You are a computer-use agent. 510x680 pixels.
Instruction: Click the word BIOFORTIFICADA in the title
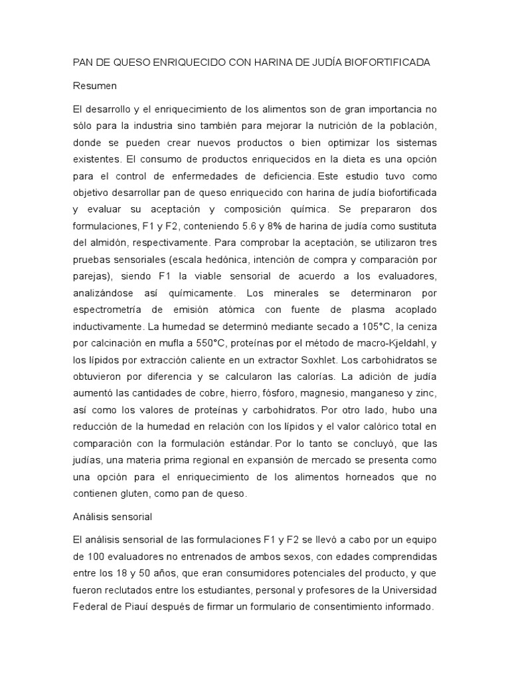click(389, 62)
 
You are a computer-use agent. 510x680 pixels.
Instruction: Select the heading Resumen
click(95, 86)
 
